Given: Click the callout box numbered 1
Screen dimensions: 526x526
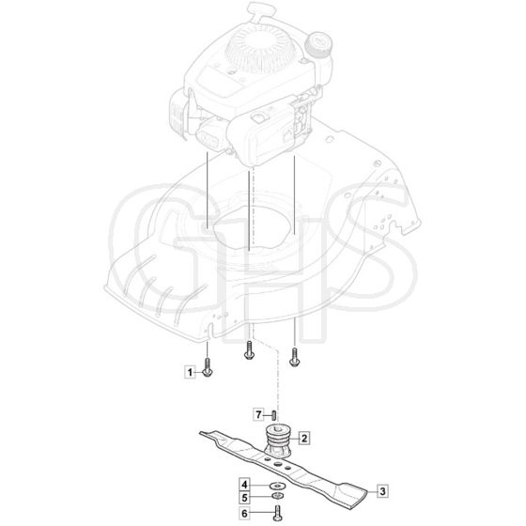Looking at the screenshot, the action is (190, 372).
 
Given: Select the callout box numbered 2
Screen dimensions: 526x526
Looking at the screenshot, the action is (304, 438).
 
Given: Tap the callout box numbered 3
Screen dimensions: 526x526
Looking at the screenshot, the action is (382, 492).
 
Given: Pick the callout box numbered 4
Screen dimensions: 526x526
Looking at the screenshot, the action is (244, 485).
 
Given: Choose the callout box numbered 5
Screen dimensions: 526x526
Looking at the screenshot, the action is (244, 498).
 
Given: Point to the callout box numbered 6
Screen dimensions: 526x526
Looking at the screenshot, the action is (244, 513).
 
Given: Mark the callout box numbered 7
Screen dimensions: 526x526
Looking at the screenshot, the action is (258, 415).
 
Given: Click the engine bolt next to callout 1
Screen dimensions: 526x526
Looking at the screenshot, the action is (207, 368).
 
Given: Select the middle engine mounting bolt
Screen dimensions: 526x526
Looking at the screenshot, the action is (249, 351).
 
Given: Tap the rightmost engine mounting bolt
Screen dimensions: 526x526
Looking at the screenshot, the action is (294, 358).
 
